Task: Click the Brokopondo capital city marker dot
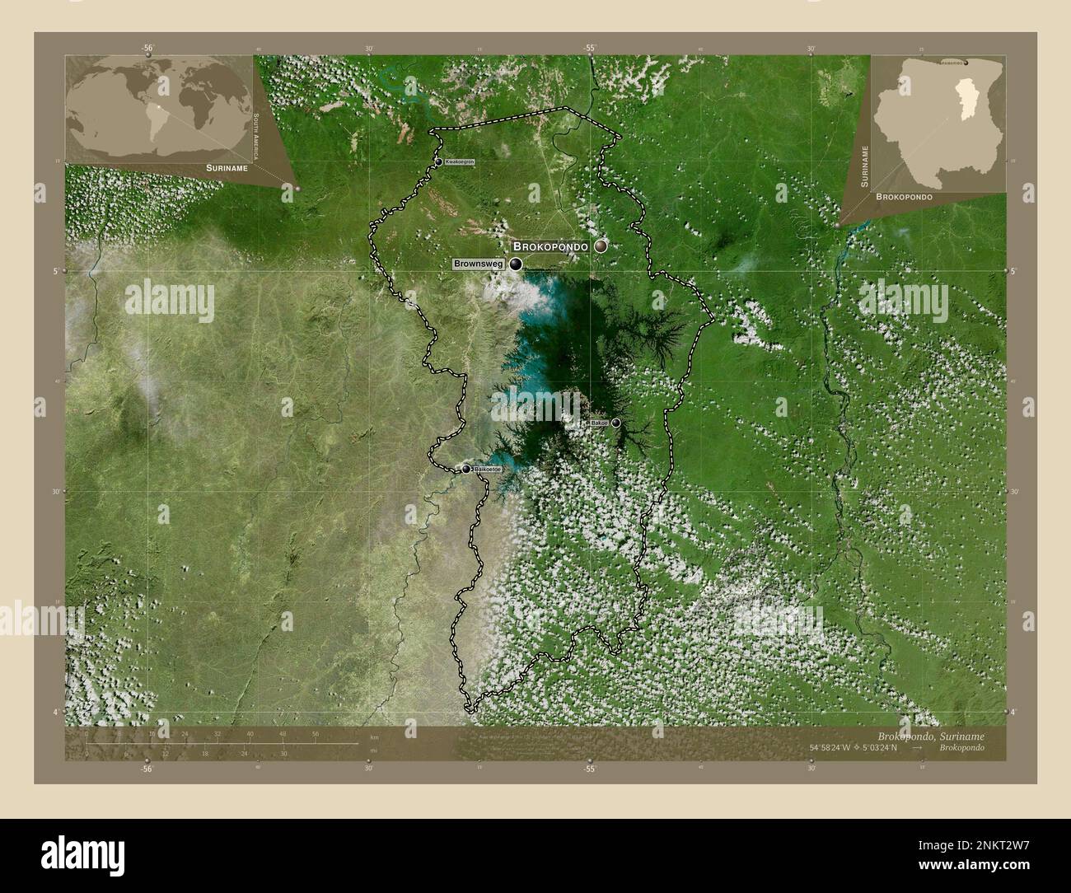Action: pyautogui.click(x=601, y=246)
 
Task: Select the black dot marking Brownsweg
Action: pyautogui.click(x=516, y=264)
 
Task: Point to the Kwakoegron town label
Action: pyautogui.click(x=460, y=162)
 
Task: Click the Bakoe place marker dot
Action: pyautogui.click(x=615, y=423)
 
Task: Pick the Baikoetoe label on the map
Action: pyautogui.click(x=486, y=469)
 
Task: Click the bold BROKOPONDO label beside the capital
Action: pyautogui.click(x=550, y=246)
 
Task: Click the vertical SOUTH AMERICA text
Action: pyautogui.click(x=257, y=137)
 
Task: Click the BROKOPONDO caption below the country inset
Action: pyautogui.click(x=905, y=198)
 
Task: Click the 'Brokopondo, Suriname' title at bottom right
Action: pyautogui.click(x=930, y=734)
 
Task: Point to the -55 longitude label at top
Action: pyautogui.click(x=590, y=48)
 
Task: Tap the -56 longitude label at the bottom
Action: pyautogui.click(x=146, y=769)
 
